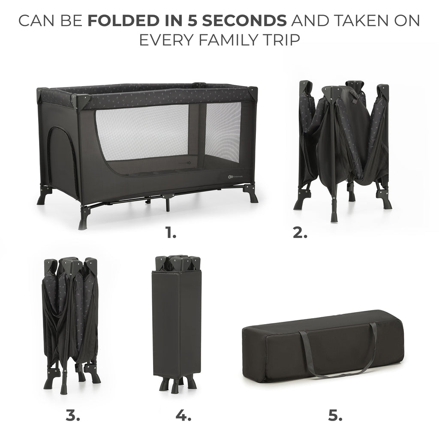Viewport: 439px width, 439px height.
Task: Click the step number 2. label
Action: (300, 232)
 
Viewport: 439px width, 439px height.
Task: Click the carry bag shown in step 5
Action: (323, 346)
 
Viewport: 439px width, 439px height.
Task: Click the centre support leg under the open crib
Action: (168, 203)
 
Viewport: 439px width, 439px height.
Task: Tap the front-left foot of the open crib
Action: (84, 219)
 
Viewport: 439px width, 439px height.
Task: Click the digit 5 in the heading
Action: (192, 21)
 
